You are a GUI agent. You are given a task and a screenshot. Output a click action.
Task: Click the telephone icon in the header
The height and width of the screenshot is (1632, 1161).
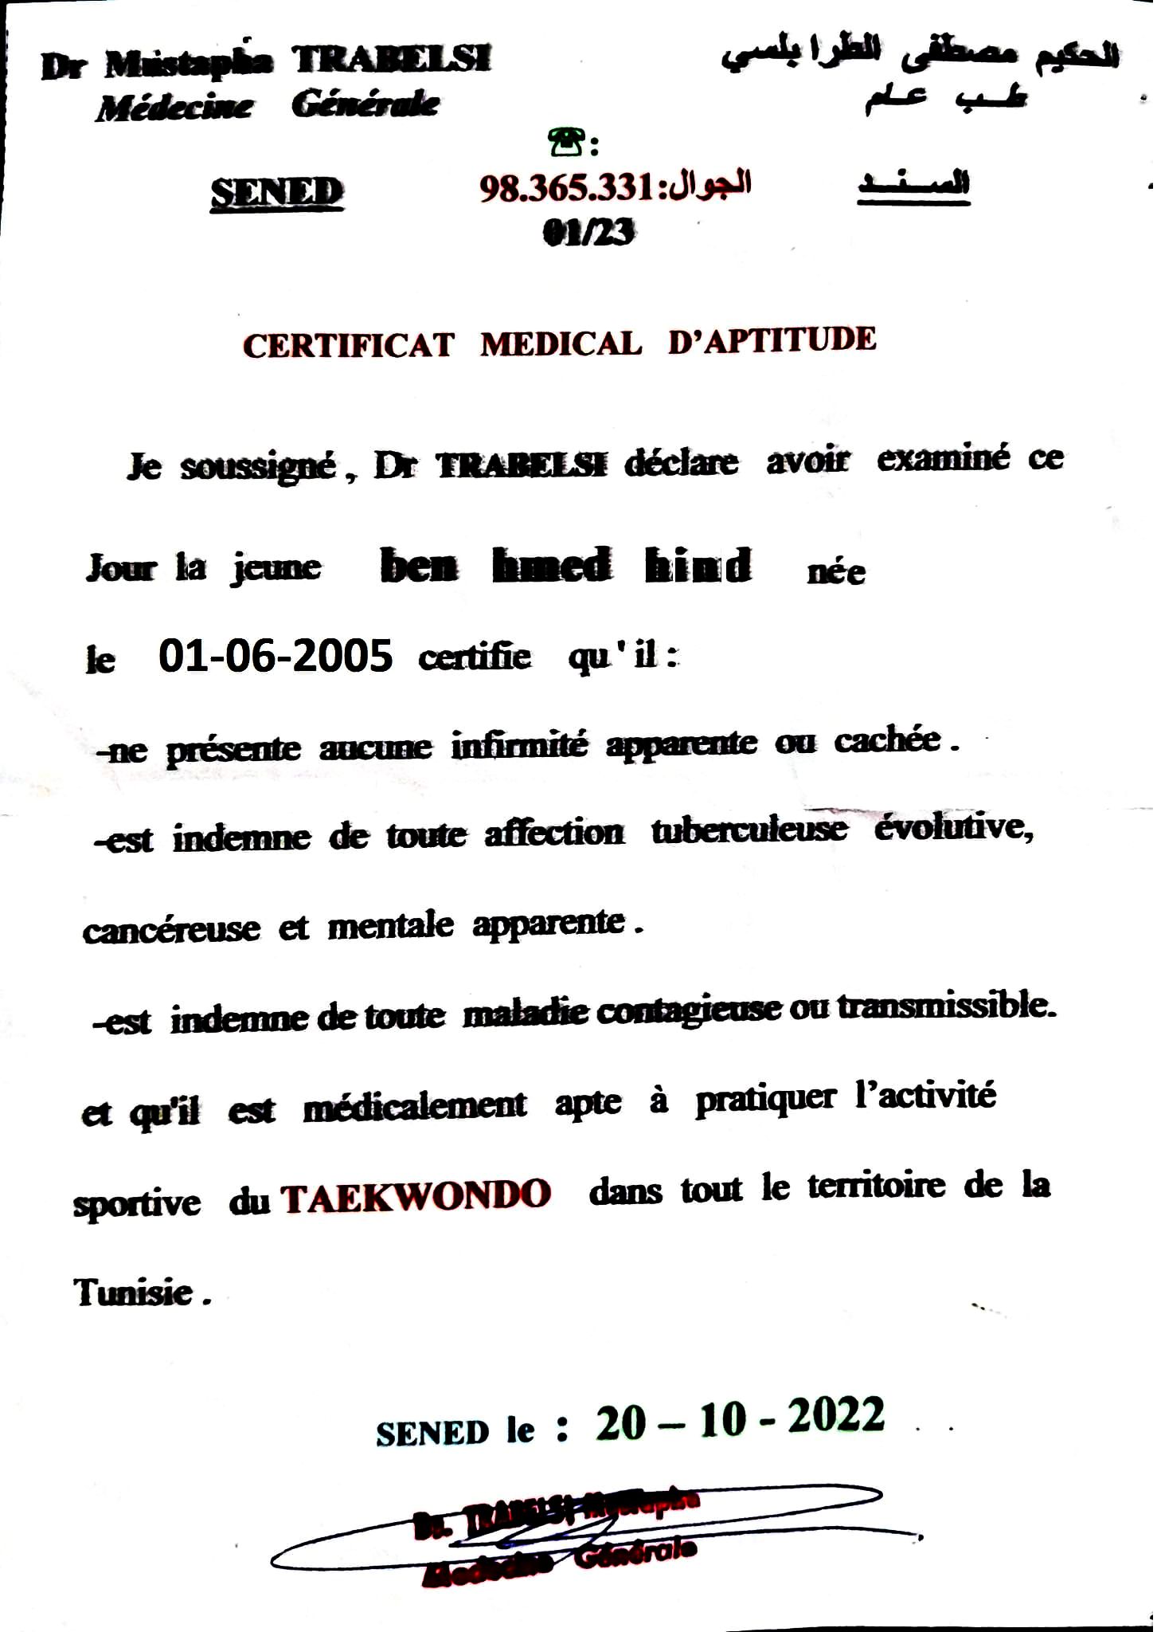pos(564,143)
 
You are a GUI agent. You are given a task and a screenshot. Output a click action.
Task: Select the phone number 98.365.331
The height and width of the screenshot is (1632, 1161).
pos(567,188)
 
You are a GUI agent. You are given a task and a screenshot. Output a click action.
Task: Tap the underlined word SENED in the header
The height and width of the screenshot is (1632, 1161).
pos(277,193)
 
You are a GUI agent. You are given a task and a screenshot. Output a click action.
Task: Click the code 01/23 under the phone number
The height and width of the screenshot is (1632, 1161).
pos(588,232)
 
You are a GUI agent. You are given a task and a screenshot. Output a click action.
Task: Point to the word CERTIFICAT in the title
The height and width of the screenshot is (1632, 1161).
pos(348,346)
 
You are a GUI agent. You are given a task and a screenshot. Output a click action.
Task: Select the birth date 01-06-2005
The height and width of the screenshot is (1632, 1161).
pos(276,657)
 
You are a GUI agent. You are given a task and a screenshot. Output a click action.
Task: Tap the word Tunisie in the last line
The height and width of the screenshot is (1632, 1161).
pos(134,1292)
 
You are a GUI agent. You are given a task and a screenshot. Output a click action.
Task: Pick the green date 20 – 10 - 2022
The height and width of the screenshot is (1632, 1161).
pos(740,1419)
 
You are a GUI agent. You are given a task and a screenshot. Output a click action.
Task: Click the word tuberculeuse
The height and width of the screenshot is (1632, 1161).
pos(749,830)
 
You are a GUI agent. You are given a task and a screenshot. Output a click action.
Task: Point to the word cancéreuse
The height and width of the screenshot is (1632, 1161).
pos(171,930)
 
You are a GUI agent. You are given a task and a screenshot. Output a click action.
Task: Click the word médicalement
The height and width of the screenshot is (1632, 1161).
pos(415,1105)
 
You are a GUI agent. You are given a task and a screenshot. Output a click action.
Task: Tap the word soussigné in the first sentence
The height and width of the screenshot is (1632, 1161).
pos(257,466)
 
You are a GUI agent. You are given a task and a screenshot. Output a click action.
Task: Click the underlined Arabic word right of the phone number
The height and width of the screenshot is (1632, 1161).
pos(913,184)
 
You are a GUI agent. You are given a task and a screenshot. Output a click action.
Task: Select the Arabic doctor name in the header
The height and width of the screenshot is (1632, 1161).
pos(920,55)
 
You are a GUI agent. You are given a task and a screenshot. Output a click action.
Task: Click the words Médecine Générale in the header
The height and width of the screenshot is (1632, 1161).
pos(268,105)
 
